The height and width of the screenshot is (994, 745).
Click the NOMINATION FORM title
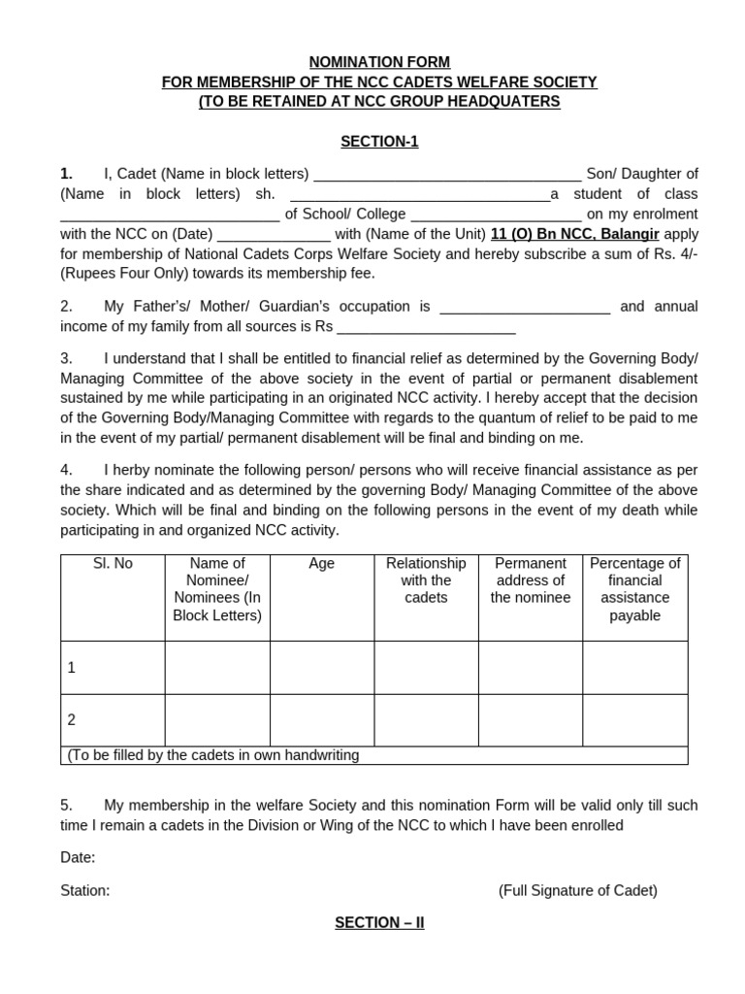pyautogui.click(x=379, y=62)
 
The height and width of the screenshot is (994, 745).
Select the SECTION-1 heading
pyautogui.click(x=379, y=142)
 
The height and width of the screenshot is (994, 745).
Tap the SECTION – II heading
pyautogui.click(x=379, y=923)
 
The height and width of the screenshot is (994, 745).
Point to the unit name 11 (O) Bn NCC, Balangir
pyautogui.click(x=575, y=234)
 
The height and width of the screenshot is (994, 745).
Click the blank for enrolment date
pyautogui.click(x=274, y=236)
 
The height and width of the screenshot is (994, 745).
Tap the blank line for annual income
pyautogui.click(x=426, y=328)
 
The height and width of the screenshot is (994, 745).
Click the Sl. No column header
pyautogui.click(x=113, y=564)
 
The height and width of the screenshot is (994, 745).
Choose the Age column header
pyautogui.click(x=321, y=564)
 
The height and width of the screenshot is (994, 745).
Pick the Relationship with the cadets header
pyautogui.click(x=426, y=580)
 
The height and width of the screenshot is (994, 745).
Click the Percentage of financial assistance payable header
pyautogui.click(x=634, y=589)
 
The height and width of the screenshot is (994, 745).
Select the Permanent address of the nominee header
pyautogui.click(x=530, y=580)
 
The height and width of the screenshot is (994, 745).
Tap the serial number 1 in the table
pyautogui.click(x=72, y=668)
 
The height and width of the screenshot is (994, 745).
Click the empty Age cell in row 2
pyautogui.click(x=321, y=720)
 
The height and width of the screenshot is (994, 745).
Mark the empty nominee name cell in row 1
pyautogui.click(x=217, y=668)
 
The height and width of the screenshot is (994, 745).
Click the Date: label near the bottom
pyautogui.click(x=78, y=857)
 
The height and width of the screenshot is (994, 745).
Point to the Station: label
pyautogui.click(x=85, y=890)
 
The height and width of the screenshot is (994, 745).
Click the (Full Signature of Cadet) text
pyautogui.click(x=577, y=890)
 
